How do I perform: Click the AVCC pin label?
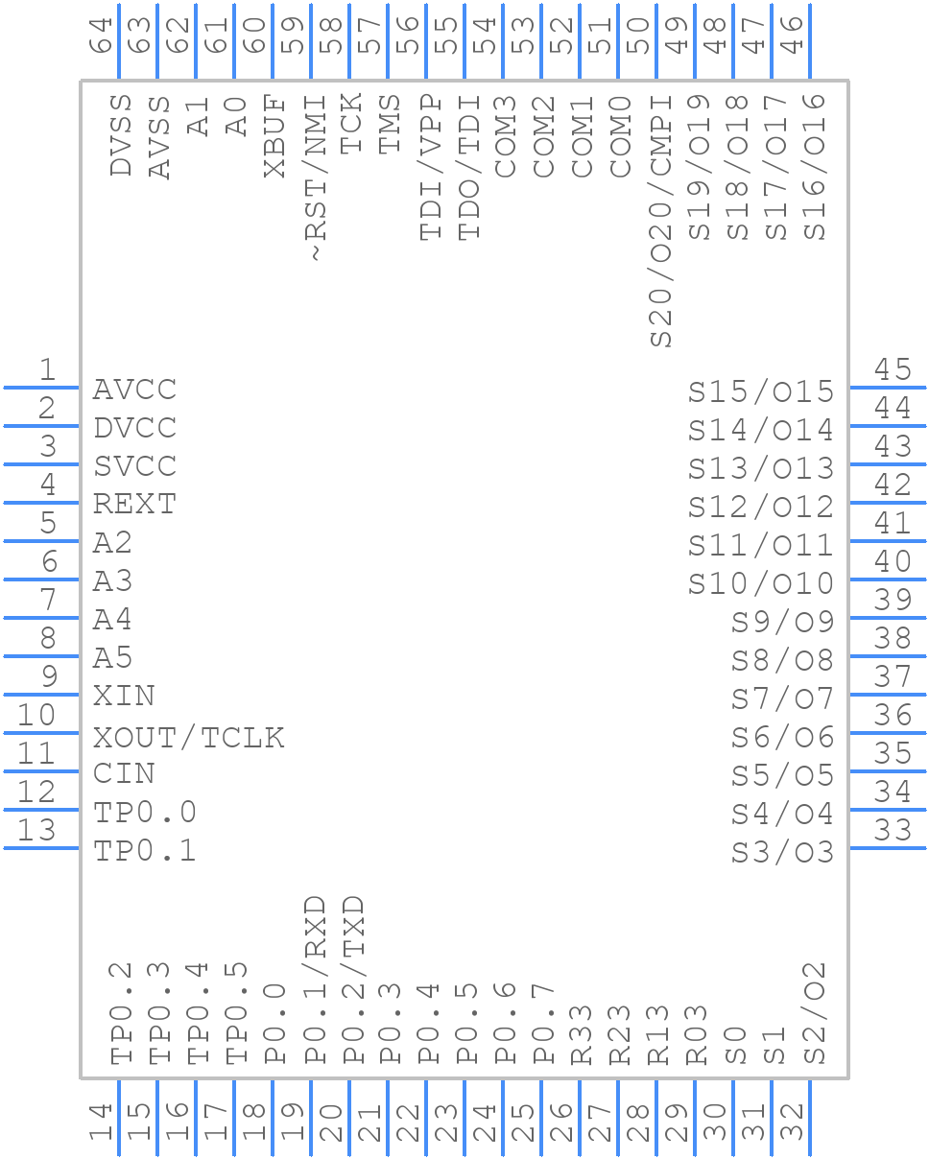(x=134, y=390)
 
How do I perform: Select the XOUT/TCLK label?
(x=188, y=737)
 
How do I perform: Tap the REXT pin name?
(x=134, y=505)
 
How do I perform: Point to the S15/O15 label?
(x=761, y=391)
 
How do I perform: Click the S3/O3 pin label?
(x=782, y=852)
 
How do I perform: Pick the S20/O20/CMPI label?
(x=661, y=220)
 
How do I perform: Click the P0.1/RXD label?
(x=315, y=981)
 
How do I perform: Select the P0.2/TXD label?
(x=353, y=981)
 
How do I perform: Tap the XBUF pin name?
(x=275, y=136)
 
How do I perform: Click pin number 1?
(x=46, y=369)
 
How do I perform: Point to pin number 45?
(x=893, y=369)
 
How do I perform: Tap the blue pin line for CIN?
(x=41, y=770)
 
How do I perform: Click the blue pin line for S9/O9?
(x=888, y=617)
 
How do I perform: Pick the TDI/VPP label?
(x=430, y=168)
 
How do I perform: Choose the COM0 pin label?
(x=621, y=136)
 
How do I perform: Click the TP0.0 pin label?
(x=145, y=813)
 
